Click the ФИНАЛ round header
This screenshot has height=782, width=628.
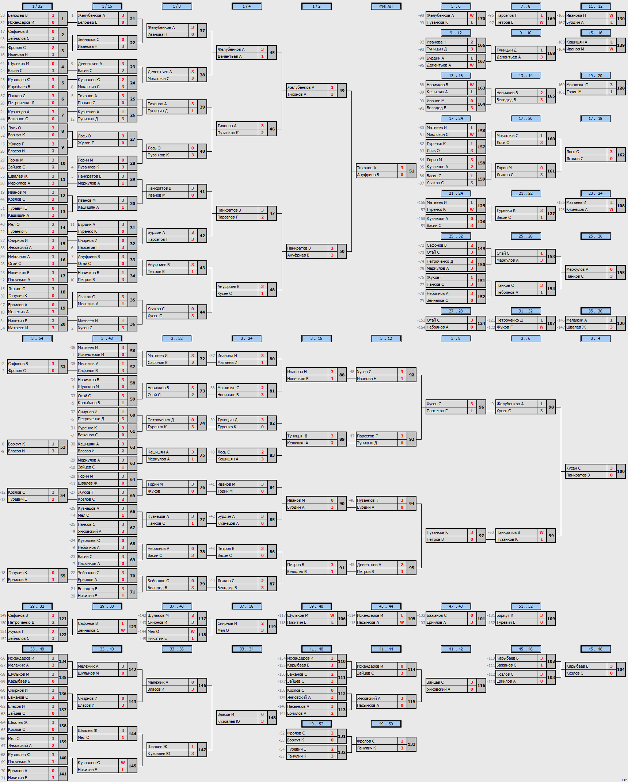coord(386,6)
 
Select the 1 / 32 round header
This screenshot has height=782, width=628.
coord(37,6)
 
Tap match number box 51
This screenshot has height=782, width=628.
coord(412,171)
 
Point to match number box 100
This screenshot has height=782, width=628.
coord(621,471)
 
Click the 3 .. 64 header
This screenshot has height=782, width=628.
coord(37,338)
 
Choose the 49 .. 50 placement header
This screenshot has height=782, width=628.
coord(386,724)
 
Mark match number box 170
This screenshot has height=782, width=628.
coord(482,19)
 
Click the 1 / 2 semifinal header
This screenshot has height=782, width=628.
coord(316,6)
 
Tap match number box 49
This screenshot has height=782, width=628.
coord(342,91)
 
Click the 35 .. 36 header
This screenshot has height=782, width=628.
coord(595,311)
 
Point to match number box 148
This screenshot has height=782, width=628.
coord(272,718)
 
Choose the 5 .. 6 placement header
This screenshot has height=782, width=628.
coord(456,6)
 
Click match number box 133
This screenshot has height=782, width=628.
coord(412,744)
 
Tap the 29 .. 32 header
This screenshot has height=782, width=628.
coord(37,606)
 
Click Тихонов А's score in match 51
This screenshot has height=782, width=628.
coord(402,168)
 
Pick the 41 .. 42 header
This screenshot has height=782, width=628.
coord(456,649)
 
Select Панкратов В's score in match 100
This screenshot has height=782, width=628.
coord(611,475)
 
